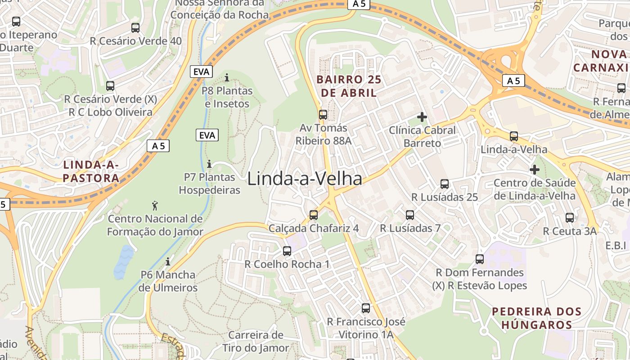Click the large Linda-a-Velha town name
click(x=305, y=179)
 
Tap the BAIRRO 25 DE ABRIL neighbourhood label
click(x=349, y=86)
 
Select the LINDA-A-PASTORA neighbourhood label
click(x=91, y=171)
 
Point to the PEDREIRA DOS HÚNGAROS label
click(x=536, y=318)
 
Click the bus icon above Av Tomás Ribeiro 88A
click(x=323, y=114)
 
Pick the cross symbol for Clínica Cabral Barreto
click(x=422, y=117)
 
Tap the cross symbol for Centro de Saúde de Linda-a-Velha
click(x=535, y=170)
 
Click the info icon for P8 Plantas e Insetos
click(x=227, y=77)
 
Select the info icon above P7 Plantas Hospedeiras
click(x=209, y=164)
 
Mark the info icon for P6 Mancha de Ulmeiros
click(x=168, y=261)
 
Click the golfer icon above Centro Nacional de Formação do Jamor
click(x=155, y=206)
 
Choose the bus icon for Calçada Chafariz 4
click(x=314, y=215)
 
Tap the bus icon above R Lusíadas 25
click(x=445, y=184)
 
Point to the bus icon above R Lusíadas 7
click(x=410, y=215)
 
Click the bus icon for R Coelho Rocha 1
click(x=287, y=251)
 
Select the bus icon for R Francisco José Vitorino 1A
click(x=366, y=308)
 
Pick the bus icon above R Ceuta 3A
click(x=570, y=218)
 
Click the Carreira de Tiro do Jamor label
click(x=256, y=342)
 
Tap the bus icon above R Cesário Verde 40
click(x=135, y=27)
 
